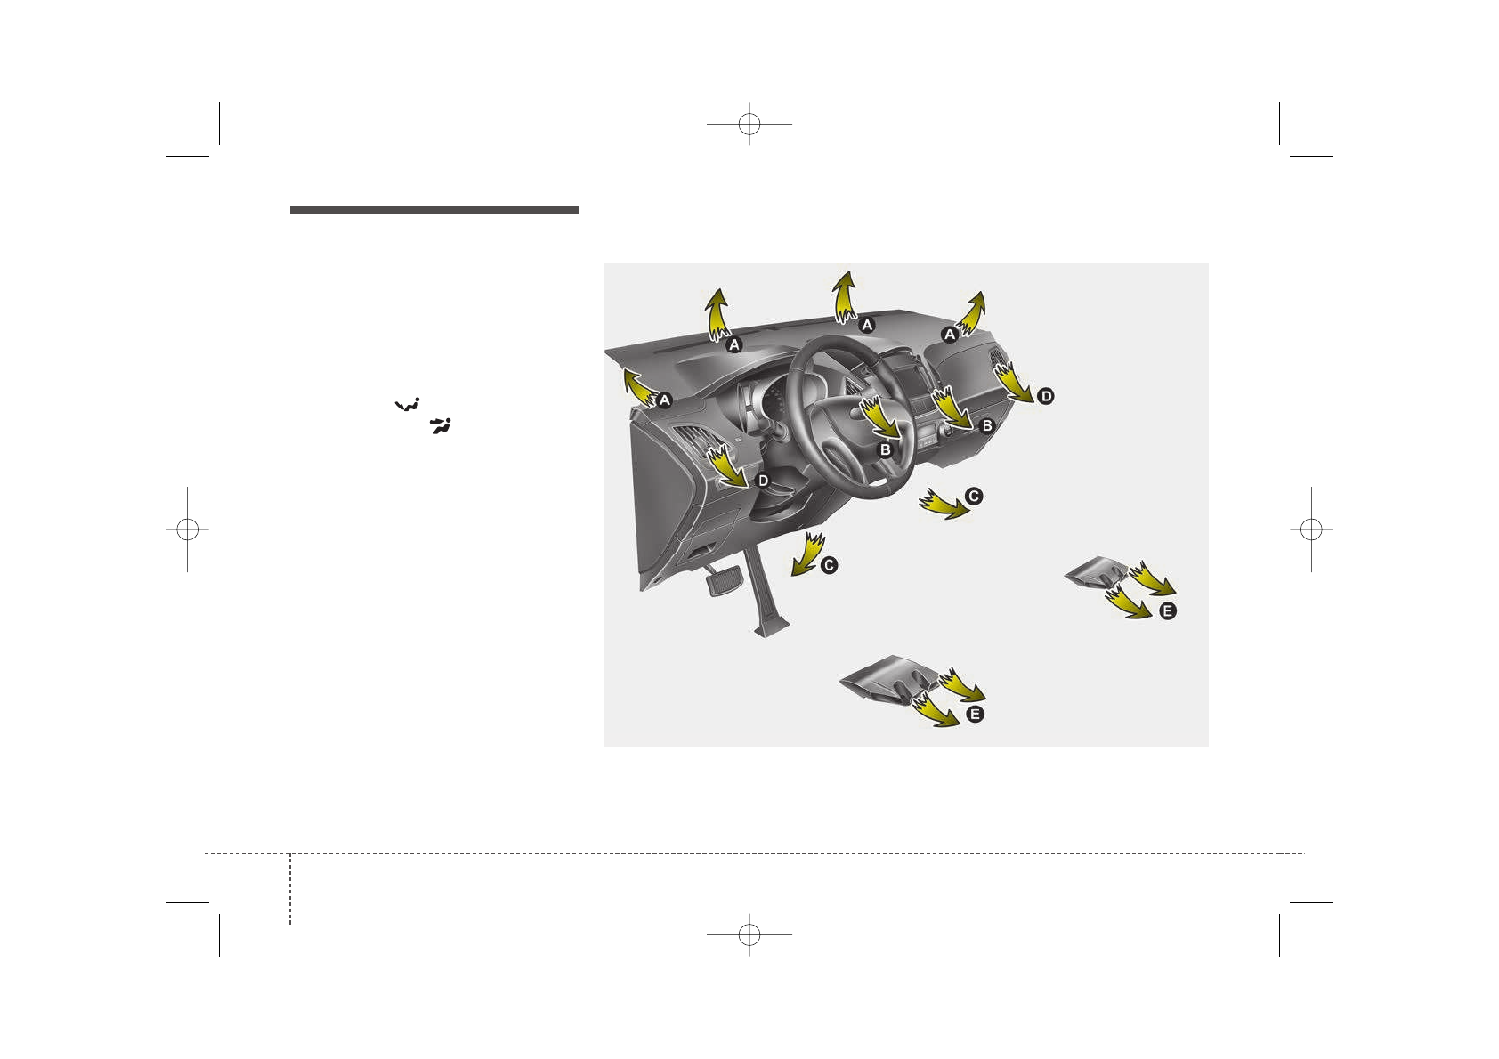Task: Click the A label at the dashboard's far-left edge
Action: (x=664, y=400)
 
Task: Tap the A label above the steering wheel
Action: (x=866, y=325)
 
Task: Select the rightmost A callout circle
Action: (x=950, y=335)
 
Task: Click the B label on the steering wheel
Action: (x=885, y=450)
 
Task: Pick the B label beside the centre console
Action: (x=986, y=426)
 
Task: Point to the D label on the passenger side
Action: (x=1045, y=396)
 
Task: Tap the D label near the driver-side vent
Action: (x=763, y=481)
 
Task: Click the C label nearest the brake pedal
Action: (x=829, y=565)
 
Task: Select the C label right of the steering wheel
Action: (x=974, y=496)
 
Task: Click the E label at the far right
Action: (x=1168, y=611)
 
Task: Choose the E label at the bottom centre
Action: (x=975, y=715)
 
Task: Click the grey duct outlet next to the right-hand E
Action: (x=1098, y=572)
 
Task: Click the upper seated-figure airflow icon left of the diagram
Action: (x=408, y=405)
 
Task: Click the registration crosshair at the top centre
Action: (x=749, y=125)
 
